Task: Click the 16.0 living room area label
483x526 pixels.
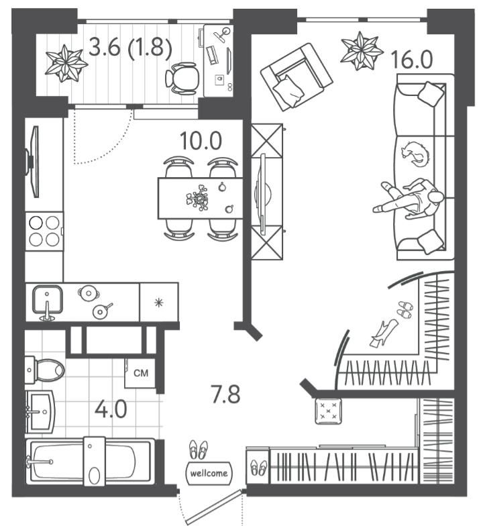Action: (x=412, y=60)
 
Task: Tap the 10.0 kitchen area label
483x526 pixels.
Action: (x=201, y=141)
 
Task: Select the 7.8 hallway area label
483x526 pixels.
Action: (x=225, y=394)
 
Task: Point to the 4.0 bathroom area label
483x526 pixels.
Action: (x=111, y=409)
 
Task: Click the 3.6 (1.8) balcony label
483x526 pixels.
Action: (x=131, y=47)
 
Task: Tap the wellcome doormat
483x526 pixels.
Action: (x=209, y=473)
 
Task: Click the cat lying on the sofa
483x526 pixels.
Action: (x=416, y=154)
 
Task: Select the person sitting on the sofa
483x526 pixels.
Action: (x=409, y=199)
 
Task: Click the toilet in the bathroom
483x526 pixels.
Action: (x=44, y=370)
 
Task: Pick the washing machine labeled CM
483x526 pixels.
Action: (x=140, y=373)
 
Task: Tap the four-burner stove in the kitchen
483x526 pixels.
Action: (x=44, y=231)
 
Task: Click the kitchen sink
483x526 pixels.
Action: (x=47, y=301)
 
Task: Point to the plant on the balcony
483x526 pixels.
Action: (x=66, y=63)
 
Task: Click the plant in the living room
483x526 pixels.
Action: (x=361, y=51)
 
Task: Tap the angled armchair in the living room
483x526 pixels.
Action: (x=297, y=76)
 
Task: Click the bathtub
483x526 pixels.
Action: (x=91, y=461)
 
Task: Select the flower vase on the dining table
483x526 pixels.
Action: (x=198, y=198)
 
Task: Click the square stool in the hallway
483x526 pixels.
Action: (x=329, y=411)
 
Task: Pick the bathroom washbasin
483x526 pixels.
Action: (x=40, y=412)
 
